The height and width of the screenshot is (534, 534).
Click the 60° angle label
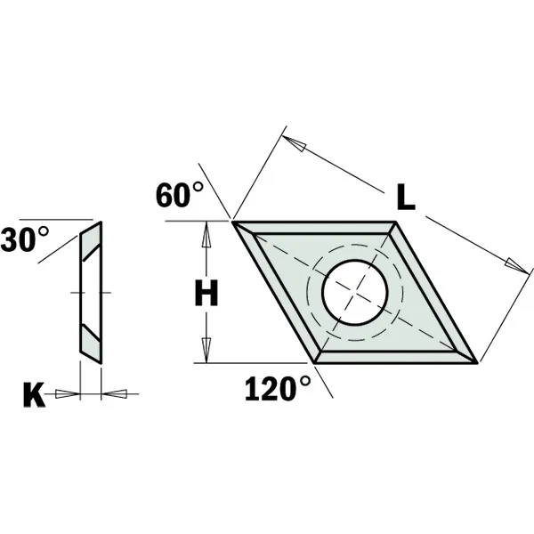click(180, 194)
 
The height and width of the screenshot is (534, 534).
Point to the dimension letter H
click(206, 293)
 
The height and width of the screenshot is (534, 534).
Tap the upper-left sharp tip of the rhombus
click(235, 221)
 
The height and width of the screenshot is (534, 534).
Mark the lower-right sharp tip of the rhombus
click(478, 362)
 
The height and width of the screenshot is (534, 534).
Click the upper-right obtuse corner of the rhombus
click(396, 222)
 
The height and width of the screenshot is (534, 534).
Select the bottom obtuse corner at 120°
click(317, 362)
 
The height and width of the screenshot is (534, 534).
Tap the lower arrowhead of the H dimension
click(207, 352)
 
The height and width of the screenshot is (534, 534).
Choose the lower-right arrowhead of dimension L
click(514, 264)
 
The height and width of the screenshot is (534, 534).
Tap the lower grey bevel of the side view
click(91, 340)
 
